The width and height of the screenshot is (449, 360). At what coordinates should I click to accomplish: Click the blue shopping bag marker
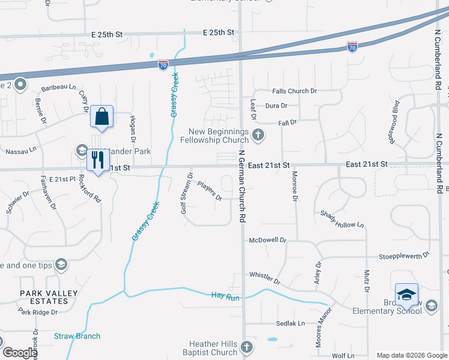tap(101, 116)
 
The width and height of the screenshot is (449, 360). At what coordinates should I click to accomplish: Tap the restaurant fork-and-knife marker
tap(97, 160)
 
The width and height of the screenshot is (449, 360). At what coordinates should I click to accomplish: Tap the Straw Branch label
tap(77, 336)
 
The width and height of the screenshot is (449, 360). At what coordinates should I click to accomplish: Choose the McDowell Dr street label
tap(268, 240)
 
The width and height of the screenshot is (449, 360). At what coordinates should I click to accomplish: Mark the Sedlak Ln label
tap(291, 323)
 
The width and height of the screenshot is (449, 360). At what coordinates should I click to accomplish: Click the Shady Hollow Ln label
tap(342, 219)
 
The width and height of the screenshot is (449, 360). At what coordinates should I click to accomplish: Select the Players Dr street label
tap(209, 191)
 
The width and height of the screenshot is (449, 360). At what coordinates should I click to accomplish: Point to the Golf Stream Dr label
tap(186, 188)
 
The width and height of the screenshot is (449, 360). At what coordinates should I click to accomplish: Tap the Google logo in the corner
tap(20, 353)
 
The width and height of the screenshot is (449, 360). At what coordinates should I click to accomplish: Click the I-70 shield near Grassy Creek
tap(163, 64)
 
